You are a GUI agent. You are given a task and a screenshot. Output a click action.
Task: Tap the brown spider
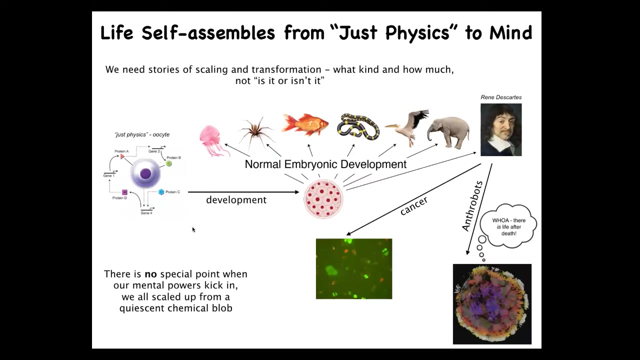coord(255,132)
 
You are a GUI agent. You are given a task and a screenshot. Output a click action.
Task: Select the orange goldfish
coord(304,124)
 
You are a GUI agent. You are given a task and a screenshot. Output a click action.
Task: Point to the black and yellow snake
coord(358,127)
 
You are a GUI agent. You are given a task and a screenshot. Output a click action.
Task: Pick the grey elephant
coord(448,132)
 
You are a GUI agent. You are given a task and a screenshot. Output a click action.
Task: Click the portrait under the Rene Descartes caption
coord(501,129)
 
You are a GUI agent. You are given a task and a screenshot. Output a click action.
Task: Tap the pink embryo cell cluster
coord(323,199)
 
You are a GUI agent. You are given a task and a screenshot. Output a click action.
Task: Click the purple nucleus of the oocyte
coord(145,173)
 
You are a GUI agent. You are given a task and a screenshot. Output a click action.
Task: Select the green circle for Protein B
coord(169,163)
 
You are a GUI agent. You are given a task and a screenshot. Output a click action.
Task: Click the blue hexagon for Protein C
coord(161,192)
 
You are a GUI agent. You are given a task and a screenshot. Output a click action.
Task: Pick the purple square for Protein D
coord(124,192)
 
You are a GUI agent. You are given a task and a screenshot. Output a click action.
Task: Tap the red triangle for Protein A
coord(122,156)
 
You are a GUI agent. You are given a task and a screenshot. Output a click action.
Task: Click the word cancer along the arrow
coord(413,205)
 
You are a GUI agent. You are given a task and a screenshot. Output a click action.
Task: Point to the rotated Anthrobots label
coord(472,206)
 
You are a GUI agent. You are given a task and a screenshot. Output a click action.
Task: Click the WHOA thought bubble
coord(508,225)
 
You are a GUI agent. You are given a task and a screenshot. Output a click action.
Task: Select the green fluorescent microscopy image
coord(354,269)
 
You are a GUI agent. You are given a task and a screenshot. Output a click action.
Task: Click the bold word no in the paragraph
coord(150,274)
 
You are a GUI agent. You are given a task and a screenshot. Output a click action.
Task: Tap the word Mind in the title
coord(510,32)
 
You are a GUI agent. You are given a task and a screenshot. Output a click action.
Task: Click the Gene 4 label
coord(146,213)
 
